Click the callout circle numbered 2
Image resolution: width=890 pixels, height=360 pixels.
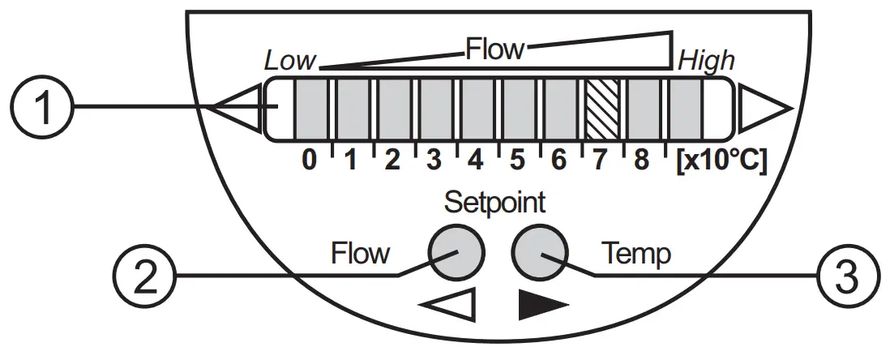146,275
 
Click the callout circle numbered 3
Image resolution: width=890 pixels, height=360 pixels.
846,275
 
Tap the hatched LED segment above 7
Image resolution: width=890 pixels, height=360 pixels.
601,107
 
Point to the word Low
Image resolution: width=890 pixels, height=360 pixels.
290,61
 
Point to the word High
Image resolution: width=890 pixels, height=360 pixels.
706,61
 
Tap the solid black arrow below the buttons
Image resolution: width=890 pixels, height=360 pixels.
542,306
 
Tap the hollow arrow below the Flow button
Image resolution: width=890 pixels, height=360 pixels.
447,306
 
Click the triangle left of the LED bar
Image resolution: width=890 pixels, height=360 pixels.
237,107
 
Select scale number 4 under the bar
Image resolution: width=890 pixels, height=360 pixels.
476,161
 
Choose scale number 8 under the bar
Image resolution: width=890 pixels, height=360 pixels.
641,161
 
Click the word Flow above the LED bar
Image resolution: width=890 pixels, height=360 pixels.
494,50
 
